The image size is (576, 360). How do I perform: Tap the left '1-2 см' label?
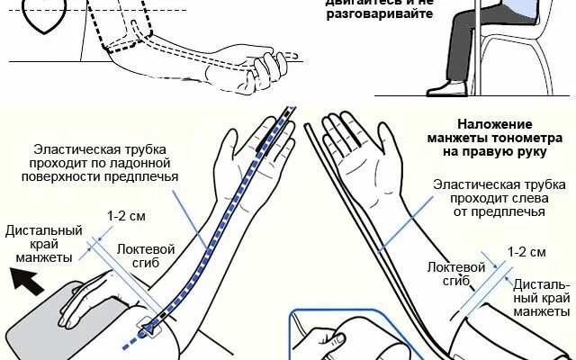point(122,217)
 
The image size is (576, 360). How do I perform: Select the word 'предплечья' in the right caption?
point(512,211)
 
